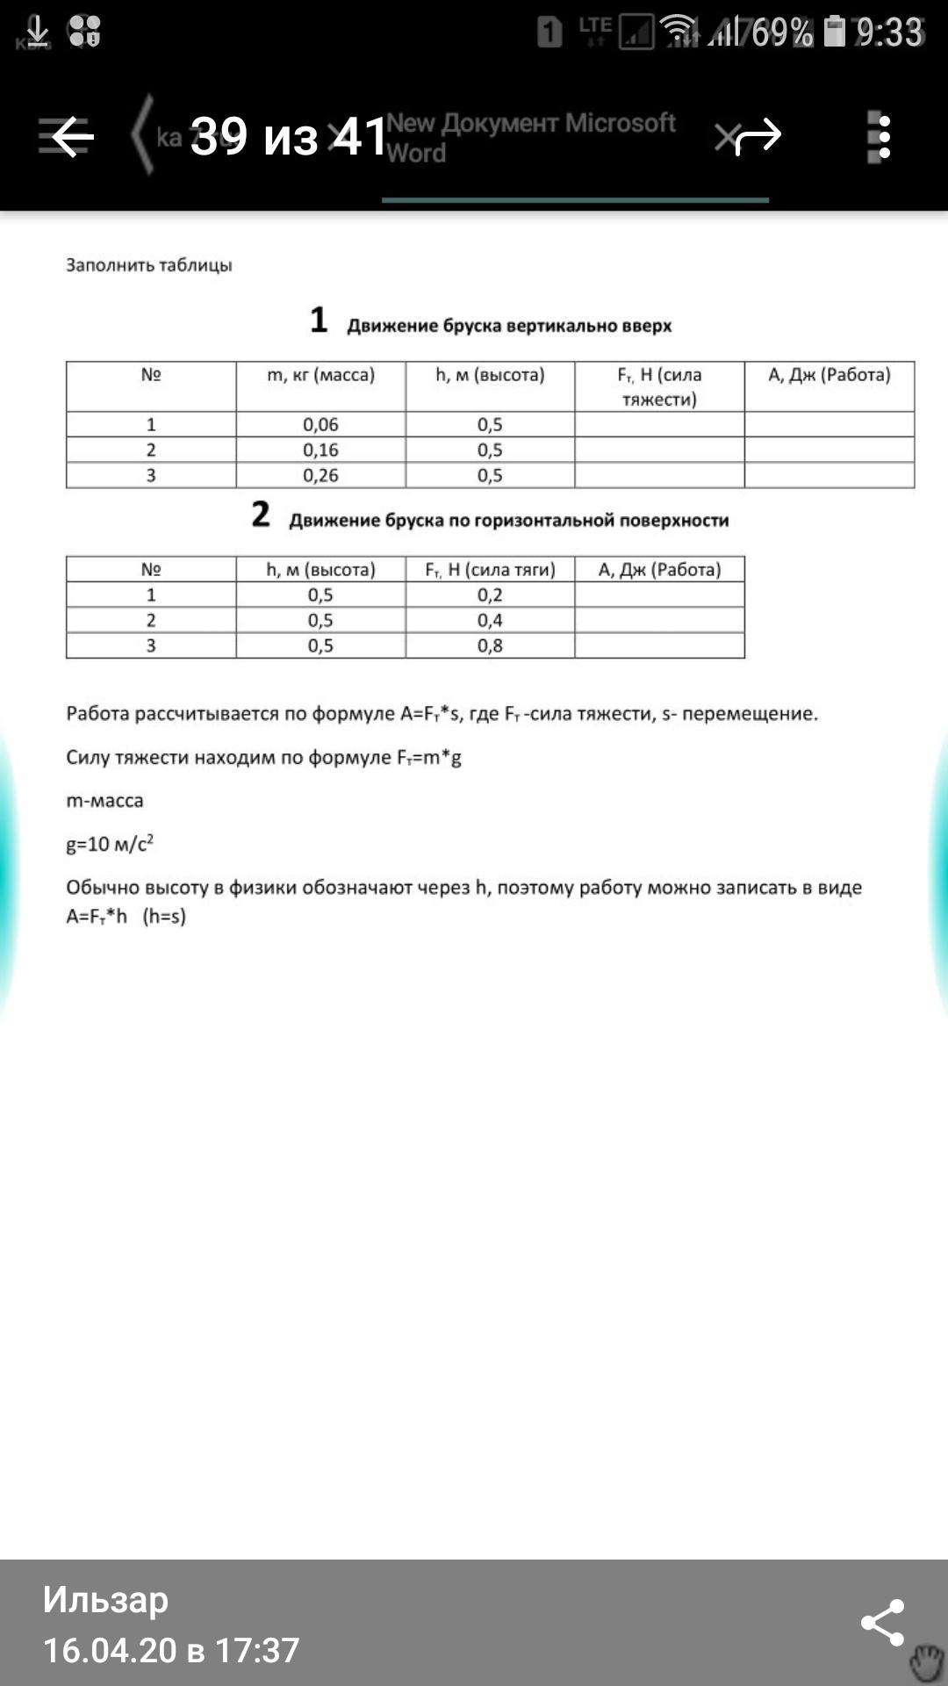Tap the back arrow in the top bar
tap(72, 137)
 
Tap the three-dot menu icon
tap(883, 137)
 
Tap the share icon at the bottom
tap(882, 1622)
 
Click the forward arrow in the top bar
tap(758, 136)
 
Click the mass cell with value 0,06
tap(320, 425)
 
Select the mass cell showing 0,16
tap(320, 450)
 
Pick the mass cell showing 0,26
tap(320, 476)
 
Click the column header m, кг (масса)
tap(320, 376)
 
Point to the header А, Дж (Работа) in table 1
tap(829, 376)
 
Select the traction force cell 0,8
tap(490, 646)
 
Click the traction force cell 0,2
tap(490, 595)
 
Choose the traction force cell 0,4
tap(490, 621)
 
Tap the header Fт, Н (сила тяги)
tap(490, 570)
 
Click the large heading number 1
tap(319, 321)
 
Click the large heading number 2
tap(261, 515)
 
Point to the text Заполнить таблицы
tap(149, 265)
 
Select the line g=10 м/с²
tap(110, 845)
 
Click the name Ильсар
tap(105, 1600)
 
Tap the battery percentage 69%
tap(781, 33)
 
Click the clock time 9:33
tap(889, 33)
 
